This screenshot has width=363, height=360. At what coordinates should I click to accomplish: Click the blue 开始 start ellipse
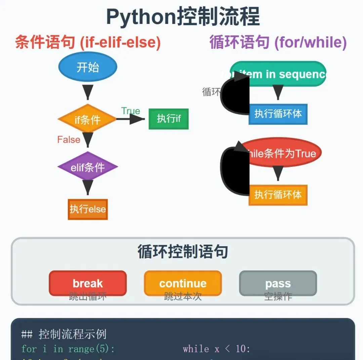[88, 67]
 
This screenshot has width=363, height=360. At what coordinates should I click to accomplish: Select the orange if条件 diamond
[87, 119]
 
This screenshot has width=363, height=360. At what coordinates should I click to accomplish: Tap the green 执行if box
[169, 119]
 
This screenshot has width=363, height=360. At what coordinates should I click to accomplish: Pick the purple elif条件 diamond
[88, 167]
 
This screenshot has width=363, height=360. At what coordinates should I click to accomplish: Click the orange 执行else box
[88, 209]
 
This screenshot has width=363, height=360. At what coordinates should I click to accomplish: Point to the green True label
[131, 111]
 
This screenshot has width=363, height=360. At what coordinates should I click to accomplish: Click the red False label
[69, 140]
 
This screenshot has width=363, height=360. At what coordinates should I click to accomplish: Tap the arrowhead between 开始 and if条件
[88, 92]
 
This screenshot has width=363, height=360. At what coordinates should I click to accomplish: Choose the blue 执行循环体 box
[278, 114]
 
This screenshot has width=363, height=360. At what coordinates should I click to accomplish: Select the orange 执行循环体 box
[278, 195]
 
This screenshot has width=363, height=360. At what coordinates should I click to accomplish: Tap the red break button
[88, 283]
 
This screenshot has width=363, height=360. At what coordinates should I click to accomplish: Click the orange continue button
[183, 283]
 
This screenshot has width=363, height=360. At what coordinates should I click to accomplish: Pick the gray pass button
[278, 283]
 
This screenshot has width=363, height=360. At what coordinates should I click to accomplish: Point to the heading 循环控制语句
[183, 251]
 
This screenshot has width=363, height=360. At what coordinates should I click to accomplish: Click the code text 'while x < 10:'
[217, 349]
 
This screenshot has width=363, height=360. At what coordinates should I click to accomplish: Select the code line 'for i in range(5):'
[68, 349]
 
